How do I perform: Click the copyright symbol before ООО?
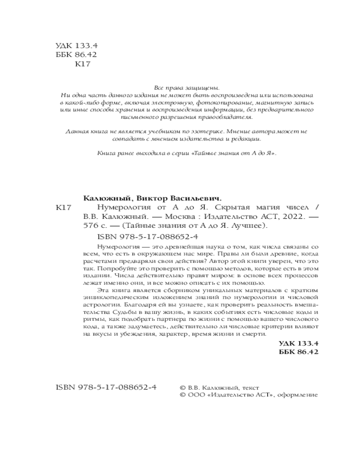click(182, 395)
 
